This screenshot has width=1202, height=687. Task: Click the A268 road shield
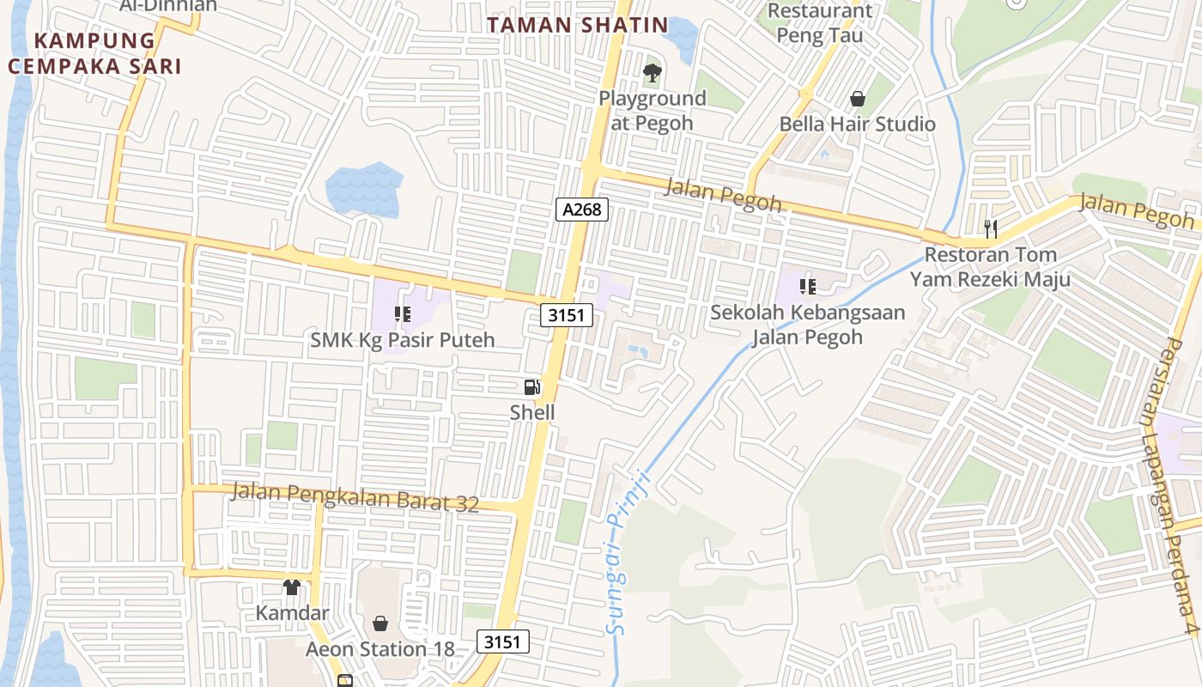pyautogui.click(x=583, y=209)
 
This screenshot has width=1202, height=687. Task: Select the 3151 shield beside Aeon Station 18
pyautogui.click(x=503, y=641)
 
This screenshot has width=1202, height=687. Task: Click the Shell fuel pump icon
pyautogui.click(x=533, y=387)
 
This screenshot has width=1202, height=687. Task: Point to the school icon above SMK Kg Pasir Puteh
pyautogui.click(x=401, y=314)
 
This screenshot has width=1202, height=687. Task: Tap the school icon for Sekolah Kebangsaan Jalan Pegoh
pyautogui.click(x=807, y=286)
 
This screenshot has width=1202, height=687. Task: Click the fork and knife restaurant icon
pyautogui.click(x=991, y=228)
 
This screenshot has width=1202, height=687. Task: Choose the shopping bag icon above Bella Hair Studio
pyautogui.click(x=857, y=99)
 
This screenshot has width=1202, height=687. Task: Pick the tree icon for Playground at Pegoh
pyautogui.click(x=653, y=73)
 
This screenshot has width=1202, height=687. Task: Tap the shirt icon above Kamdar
pyautogui.click(x=292, y=587)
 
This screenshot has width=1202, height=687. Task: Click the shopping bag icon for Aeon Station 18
pyautogui.click(x=380, y=623)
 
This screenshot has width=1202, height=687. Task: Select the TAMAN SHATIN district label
pyautogui.click(x=578, y=25)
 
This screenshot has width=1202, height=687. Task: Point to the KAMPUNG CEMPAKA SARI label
pyautogui.click(x=94, y=53)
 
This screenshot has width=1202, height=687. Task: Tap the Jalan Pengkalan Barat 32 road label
pyautogui.click(x=355, y=497)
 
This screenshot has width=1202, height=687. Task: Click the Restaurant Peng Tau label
pyautogui.click(x=820, y=23)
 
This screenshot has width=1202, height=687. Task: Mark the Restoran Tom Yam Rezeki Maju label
pyautogui.click(x=990, y=267)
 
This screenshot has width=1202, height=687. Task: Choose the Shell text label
pyautogui.click(x=532, y=412)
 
